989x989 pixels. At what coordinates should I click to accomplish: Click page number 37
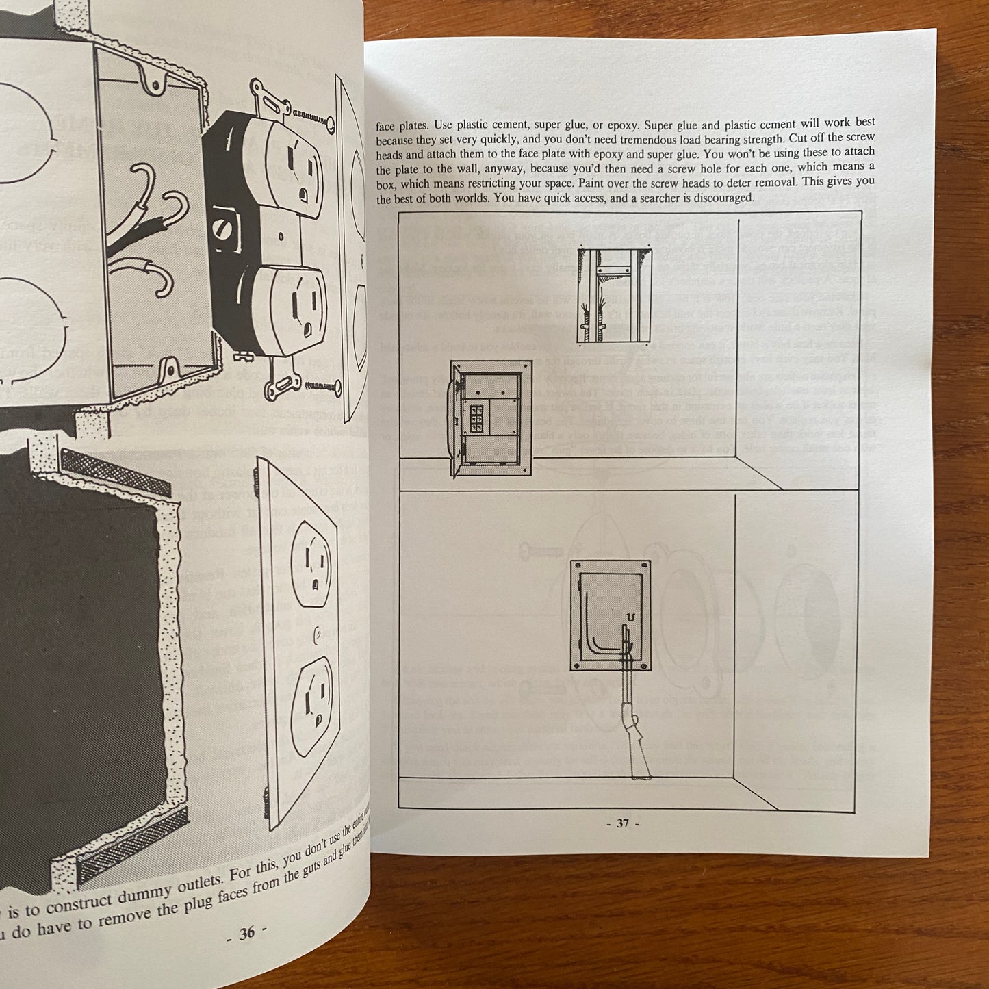622,823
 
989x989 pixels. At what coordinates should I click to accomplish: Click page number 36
246,932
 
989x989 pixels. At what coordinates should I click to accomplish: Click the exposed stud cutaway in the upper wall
614,296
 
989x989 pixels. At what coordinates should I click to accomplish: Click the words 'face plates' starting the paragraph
403,125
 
